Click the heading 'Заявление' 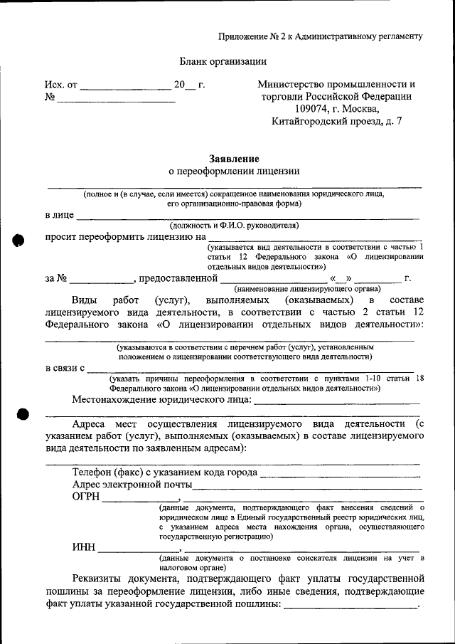[x=234, y=158]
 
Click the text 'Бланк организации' [x=222, y=61]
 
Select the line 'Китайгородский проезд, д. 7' [x=337, y=122]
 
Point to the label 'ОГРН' [x=86, y=498]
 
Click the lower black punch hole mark [x=21, y=414]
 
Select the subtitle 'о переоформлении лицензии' [x=234, y=171]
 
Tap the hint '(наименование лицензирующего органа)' [x=307, y=288]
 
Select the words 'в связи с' [x=65, y=368]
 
